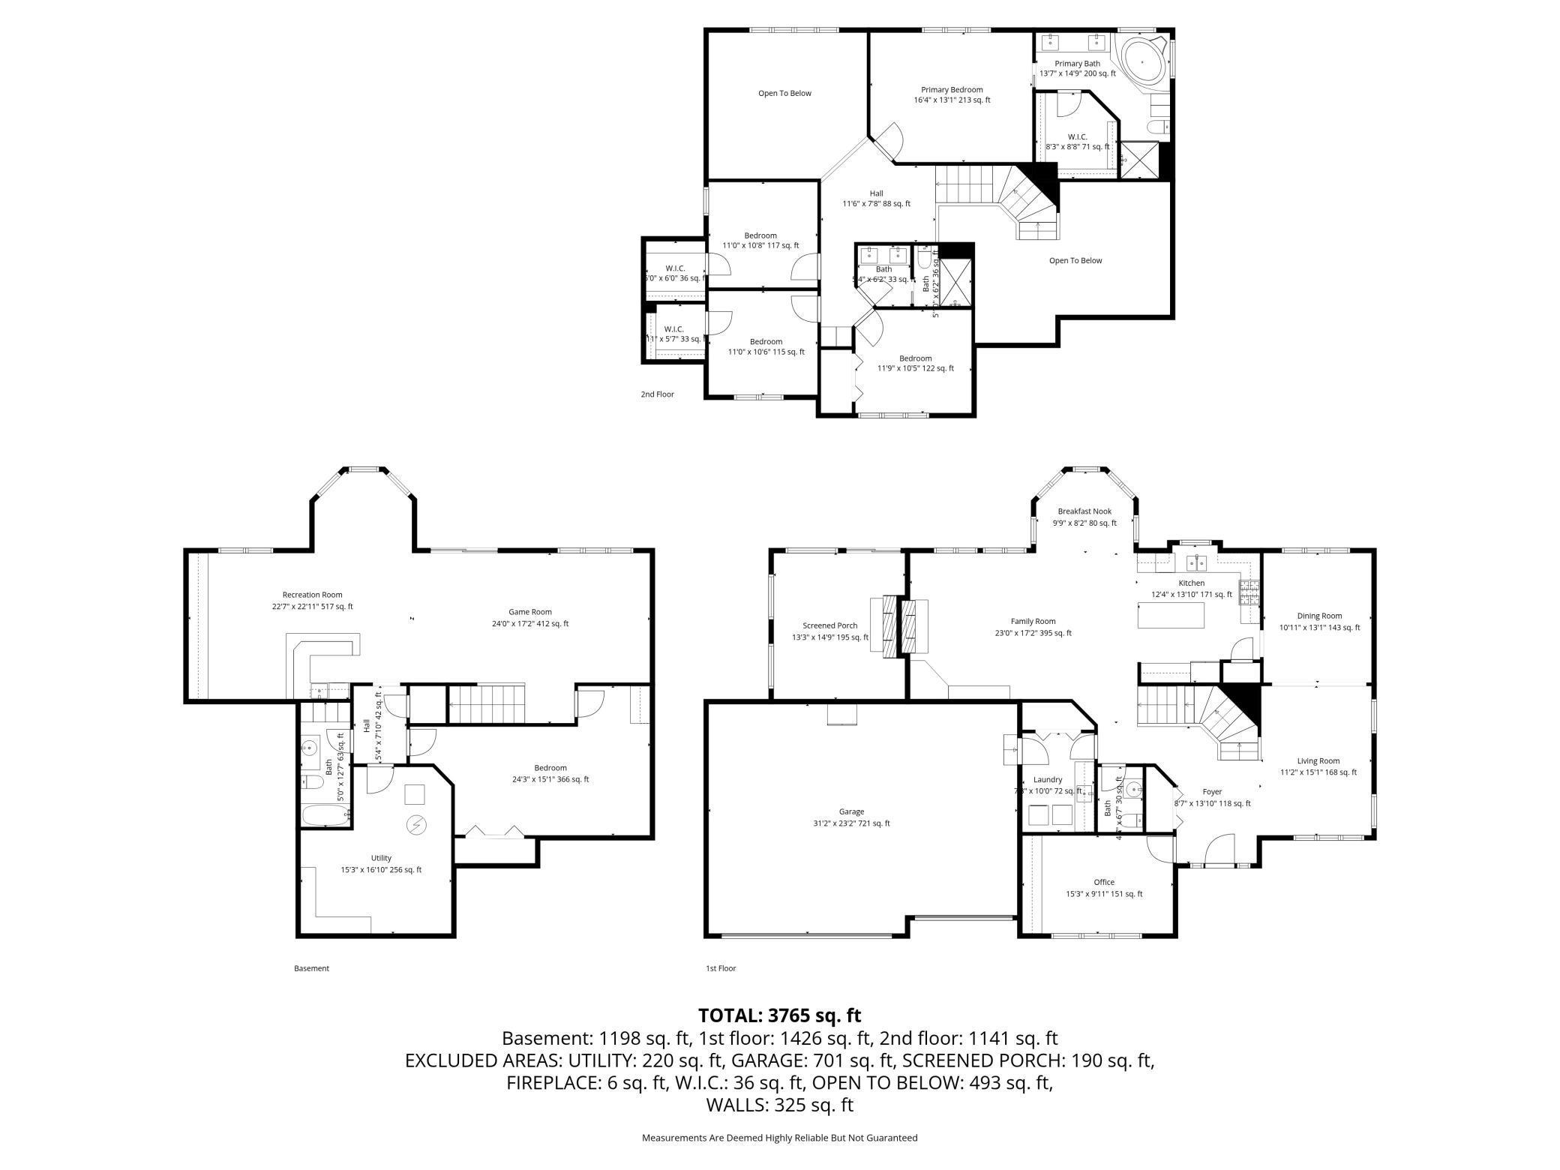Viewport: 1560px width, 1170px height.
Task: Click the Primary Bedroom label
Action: coord(952,94)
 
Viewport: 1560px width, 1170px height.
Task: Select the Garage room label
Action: coord(851,817)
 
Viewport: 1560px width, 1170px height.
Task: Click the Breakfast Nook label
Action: coord(1084,517)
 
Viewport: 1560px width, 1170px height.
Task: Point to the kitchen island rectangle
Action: coord(1171,615)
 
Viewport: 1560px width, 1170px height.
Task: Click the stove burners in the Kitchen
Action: coord(1249,593)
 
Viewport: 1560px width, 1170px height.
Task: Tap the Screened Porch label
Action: coord(829,631)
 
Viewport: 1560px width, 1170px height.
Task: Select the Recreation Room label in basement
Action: coord(312,600)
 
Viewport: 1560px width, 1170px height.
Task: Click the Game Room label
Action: coord(530,617)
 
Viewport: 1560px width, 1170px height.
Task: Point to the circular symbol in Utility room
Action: coord(415,825)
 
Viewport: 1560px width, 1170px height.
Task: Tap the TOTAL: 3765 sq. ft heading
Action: coord(779,1015)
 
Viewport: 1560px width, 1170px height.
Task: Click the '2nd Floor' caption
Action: coord(657,394)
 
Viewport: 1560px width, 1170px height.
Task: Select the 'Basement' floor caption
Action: coord(311,968)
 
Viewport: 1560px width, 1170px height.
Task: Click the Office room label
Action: coord(1104,887)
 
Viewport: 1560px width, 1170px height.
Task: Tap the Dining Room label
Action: coord(1319,621)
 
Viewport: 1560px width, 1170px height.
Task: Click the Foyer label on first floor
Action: coord(1212,796)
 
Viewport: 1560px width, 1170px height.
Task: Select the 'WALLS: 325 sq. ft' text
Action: coord(779,1105)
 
